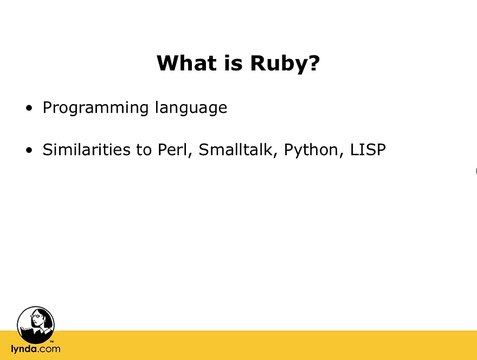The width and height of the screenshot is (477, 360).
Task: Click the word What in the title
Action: pyautogui.click(x=186, y=64)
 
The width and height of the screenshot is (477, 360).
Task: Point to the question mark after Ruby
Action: pyautogui.click(x=312, y=64)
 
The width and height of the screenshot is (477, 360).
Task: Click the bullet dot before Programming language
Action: pyautogui.click(x=30, y=108)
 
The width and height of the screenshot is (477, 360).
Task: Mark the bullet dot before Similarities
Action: pyautogui.click(x=30, y=151)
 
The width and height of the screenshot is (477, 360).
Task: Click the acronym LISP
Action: pyautogui.click(x=367, y=150)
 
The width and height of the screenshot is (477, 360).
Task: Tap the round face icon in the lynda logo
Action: pyautogui.click(x=36, y=323)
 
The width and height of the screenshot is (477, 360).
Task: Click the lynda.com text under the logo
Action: pyautogui.click(x=36, y=349)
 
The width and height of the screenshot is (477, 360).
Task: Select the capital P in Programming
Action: pyautogui.click(x=47, y=107)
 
